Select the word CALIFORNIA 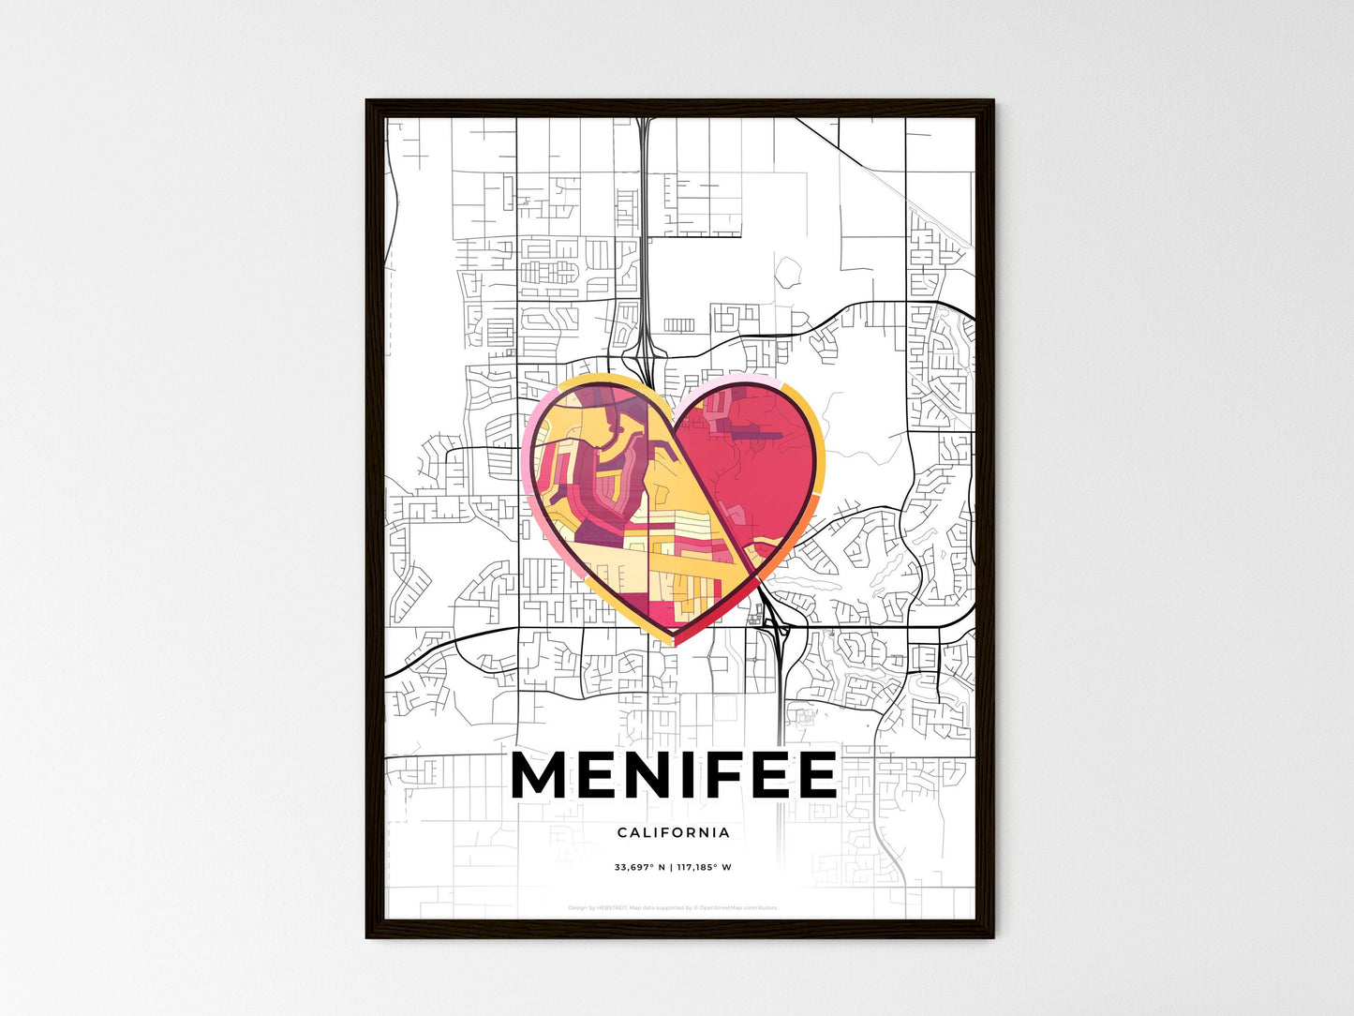pyautogui.click(x=674, y=832)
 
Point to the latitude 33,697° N pyautogui.click(x=639, y=867)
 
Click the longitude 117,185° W pyautogui.click(x=704, y=867)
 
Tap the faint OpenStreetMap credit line pyautogui.click(x=674, y=907)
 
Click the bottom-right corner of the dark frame pyautogui.click(x=992, y=936)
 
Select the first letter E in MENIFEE pyautogui.click(x=592, y=775)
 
